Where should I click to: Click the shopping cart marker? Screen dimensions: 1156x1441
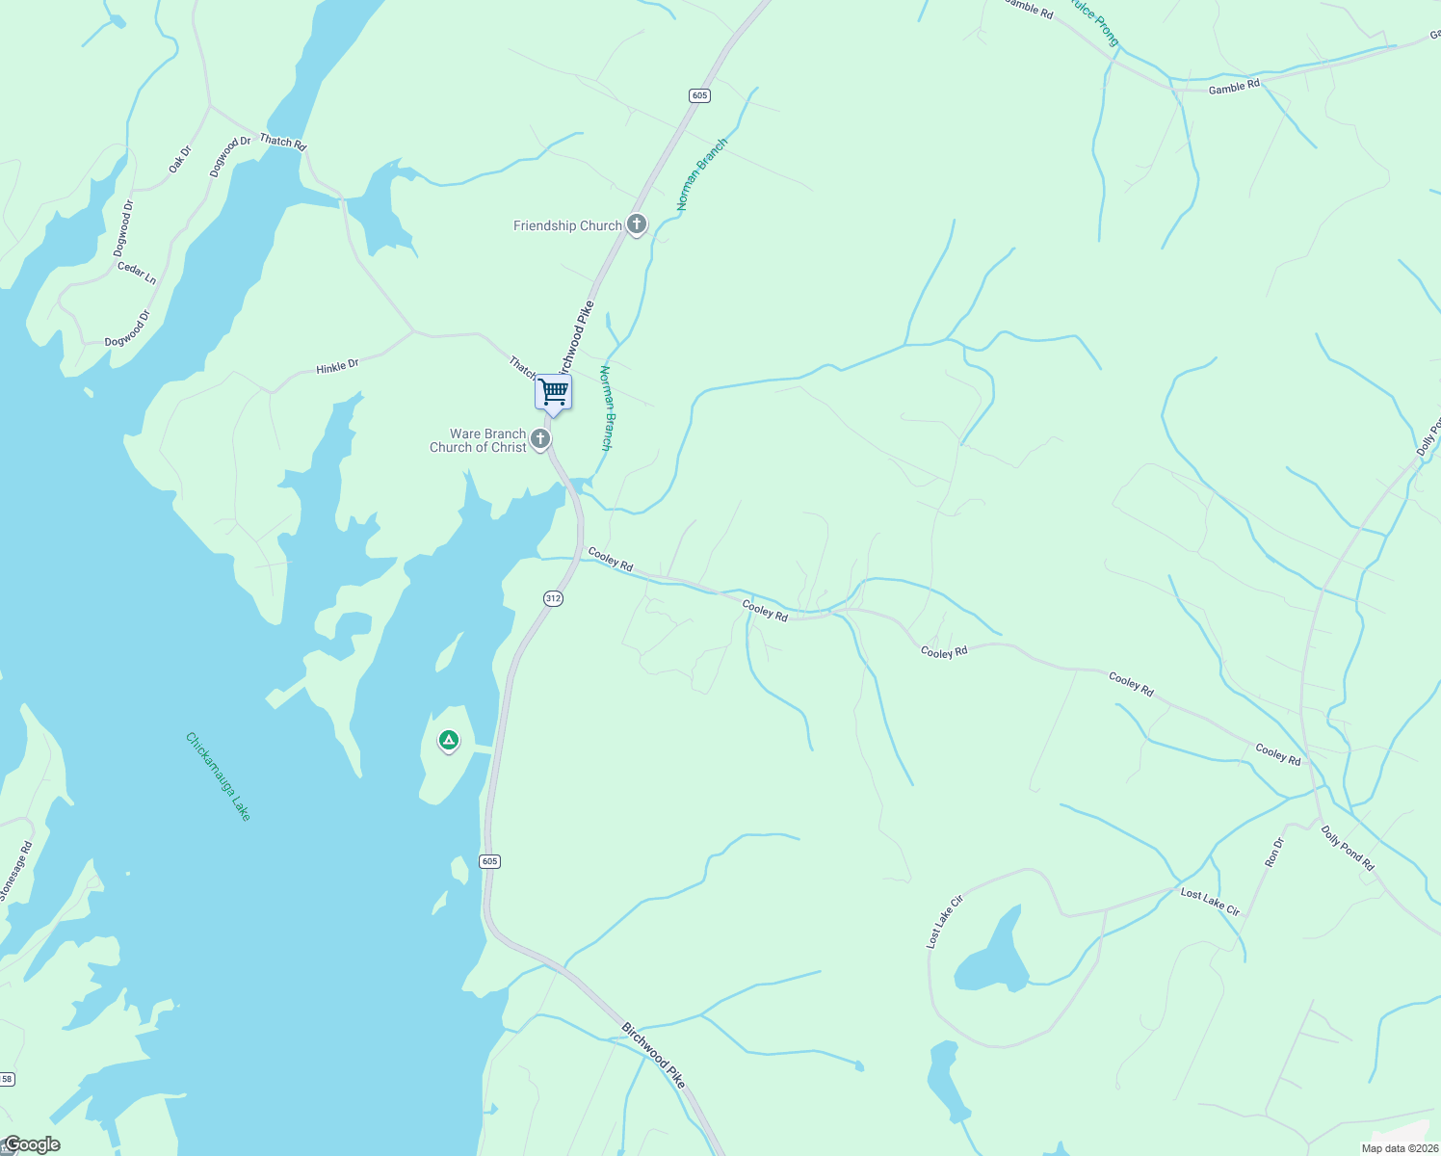[554, 393]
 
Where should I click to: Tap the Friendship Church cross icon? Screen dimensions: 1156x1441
[636, 224]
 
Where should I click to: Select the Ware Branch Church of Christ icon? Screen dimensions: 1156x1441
[540, 440]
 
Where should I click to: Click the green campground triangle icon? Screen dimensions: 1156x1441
[448, 740]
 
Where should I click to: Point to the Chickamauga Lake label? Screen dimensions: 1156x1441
[219, 776]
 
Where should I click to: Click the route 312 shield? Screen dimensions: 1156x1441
[552, 598]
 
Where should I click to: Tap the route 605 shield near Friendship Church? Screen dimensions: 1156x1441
[699, 94]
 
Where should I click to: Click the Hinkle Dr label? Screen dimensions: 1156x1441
[337, 366]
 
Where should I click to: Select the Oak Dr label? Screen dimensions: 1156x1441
[180, 159]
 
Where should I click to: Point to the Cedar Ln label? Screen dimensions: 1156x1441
[137, 273]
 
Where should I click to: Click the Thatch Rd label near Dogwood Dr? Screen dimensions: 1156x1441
[282, 142]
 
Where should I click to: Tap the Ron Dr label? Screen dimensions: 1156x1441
[1273, 852]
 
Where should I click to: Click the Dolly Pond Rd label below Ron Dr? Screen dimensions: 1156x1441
[1348, 849]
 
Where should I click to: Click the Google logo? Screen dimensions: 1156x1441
[32, 1144]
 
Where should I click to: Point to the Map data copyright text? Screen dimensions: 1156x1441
[1399, 1148]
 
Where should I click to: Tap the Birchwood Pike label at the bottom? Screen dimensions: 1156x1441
[653, 1056]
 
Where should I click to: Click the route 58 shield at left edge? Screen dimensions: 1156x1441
[7, 1079]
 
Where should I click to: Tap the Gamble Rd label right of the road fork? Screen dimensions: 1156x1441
[1234, 87]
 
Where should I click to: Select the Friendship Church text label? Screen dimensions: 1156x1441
[567, 225]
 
